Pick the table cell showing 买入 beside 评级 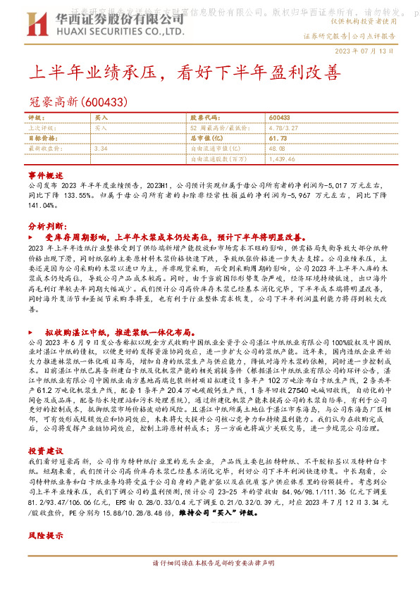click(101, 118)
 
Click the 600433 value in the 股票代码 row click(280, 118)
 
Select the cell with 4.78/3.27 click(285, 128)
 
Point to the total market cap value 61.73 click(278, 139)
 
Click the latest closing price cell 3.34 click(100, 149)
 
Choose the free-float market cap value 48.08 click(277, 149)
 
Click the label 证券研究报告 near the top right click(325, 35)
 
